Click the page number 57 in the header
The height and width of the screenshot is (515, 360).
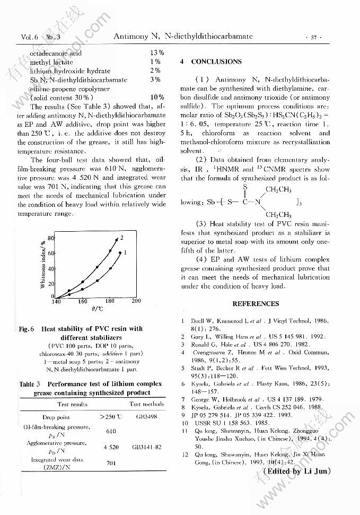313,38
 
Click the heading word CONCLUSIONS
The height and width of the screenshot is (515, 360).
216,62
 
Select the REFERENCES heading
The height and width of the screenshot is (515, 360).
256,304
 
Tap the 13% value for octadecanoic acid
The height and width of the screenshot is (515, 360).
156,53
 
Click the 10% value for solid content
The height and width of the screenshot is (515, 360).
157,98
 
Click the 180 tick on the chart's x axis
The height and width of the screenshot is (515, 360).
110,301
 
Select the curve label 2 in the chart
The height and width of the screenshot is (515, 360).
122,237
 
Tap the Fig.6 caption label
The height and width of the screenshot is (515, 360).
27,329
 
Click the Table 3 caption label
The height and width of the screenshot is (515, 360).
30,383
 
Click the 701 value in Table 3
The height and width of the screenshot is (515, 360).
111,463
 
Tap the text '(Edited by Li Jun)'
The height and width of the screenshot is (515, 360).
296,471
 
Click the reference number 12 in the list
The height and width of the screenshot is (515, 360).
183,455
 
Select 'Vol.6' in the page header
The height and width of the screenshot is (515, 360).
30,37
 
